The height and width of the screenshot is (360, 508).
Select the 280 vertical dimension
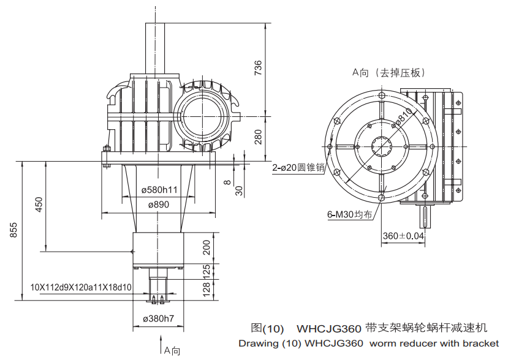(258, 136)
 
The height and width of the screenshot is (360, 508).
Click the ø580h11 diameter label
(159, 190)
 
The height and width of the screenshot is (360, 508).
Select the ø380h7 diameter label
(158, 318)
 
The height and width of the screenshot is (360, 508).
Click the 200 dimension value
(207, 247)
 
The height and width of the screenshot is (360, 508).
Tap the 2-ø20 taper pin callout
(298, 167)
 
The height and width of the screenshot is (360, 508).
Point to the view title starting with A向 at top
(388, 72)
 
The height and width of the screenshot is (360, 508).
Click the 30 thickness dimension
(240, 190)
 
